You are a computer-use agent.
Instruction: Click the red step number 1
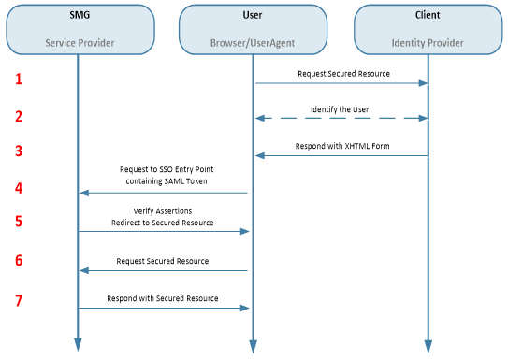(x=18, y=79)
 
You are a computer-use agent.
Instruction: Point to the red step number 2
(x=18, y=116)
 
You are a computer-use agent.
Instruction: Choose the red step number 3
(x=18, y=151)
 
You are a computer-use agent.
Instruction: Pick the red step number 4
(x=18, y=188)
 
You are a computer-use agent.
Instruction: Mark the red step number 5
(x=18, y=222)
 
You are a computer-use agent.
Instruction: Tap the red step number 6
(x=18, y=260)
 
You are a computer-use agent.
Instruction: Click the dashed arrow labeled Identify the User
(x=341, y=119)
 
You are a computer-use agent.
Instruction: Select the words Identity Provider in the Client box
(x=428, y=44)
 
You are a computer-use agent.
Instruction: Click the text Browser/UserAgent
(x=254, y=44)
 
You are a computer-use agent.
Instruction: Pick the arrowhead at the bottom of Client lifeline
(x=428, y=347)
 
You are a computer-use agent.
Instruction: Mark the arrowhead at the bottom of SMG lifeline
(x=78, y=347)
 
